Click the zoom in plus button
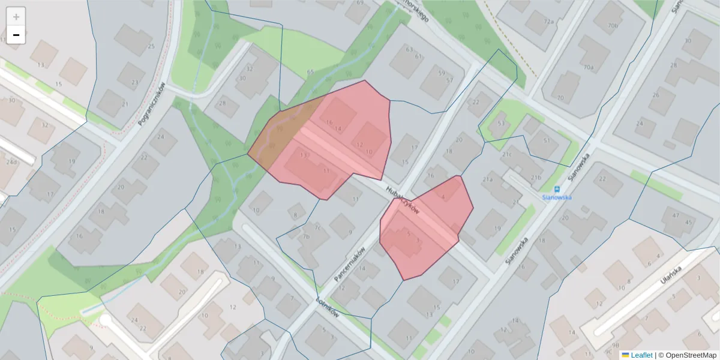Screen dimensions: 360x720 (16, 17)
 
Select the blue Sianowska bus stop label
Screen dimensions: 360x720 (556, 197)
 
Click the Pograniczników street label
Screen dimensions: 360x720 (152, 104)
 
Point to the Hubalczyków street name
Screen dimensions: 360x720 (403, 199)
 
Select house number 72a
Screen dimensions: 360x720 (548, 21)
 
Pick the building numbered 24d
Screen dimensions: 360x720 (11, 162)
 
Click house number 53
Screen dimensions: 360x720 (501, 124)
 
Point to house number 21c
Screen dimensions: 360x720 (507, 154)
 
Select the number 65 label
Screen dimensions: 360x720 (310, 72)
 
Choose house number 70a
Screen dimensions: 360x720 (589, 68)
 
